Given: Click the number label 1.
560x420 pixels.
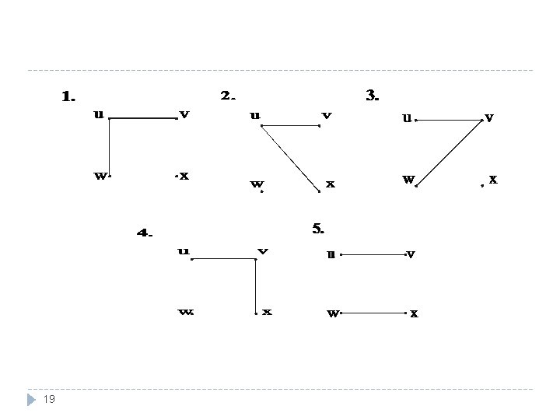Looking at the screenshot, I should [x=68, y=97].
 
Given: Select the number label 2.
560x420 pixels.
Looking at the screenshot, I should [x=228, y=96].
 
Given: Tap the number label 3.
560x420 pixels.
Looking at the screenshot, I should [x=372, y=96].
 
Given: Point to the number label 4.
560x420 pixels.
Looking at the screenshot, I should [x=145, y=232].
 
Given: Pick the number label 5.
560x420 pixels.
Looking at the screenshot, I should [x=318, y=228].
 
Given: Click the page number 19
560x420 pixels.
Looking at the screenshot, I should [x=48, y=399].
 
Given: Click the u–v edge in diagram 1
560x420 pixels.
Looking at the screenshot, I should [x=144, y=119].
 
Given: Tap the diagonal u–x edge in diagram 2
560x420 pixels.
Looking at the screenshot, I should [x=290, y=158].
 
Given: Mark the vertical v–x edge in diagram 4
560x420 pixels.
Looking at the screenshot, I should [x=255, y=286].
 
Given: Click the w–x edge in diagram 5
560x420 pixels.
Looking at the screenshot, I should [x=374, y=313].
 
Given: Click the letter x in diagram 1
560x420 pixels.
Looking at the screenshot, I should [x=185, y=176].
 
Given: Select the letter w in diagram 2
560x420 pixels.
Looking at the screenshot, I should [x=255, y=184].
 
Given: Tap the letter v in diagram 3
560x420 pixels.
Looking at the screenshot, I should [x=488, y=117].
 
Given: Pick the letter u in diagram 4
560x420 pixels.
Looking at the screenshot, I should [x=183, y=250].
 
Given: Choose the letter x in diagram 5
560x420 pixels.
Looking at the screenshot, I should [x=414, y=313].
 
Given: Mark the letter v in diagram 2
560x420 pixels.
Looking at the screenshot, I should [x=327, y=115].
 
